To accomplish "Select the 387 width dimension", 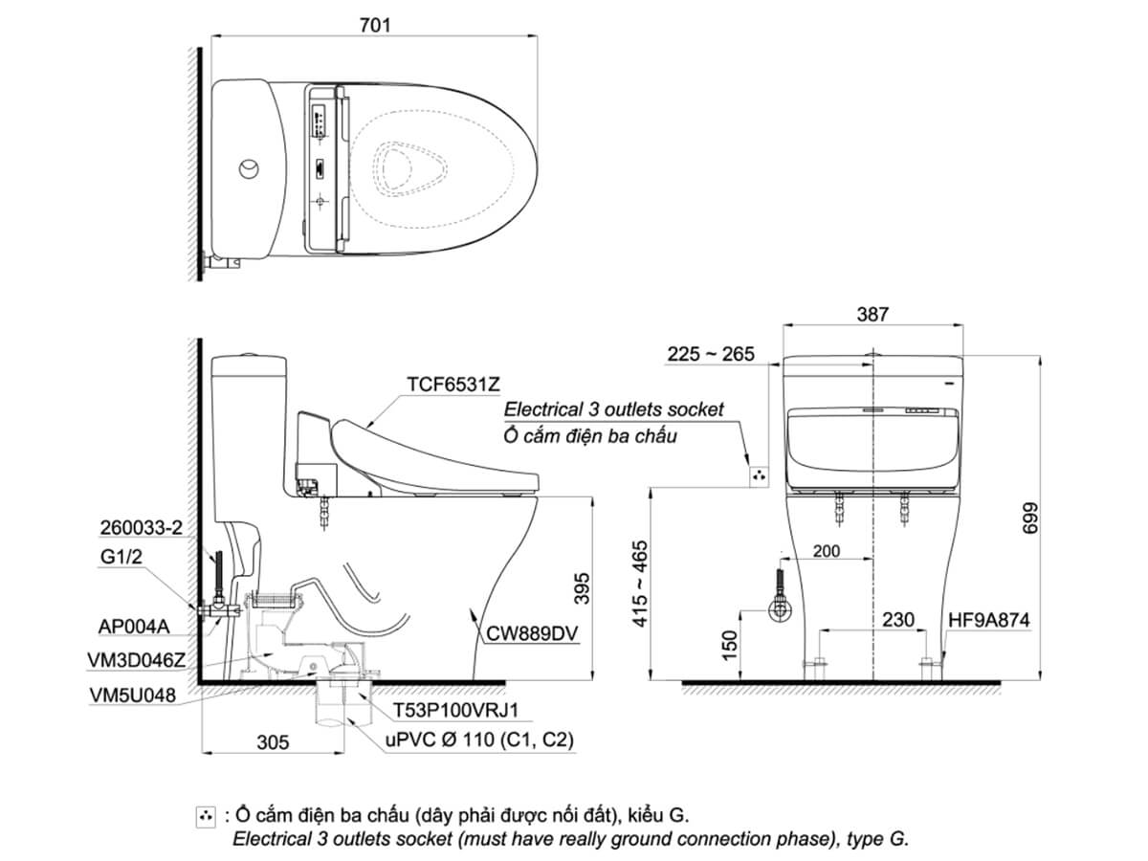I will click(872, 313).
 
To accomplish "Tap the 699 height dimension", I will click(1055, 518).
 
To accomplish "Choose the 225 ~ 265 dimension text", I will click(711, 354).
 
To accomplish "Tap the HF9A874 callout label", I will click(988, 620).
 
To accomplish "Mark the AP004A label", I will click(134, 627).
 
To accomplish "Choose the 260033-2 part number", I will click(141, 527).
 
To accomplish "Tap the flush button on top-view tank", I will click(248, 169).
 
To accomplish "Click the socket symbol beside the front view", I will click(759, 475).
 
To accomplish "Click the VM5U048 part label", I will click(137, 695).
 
